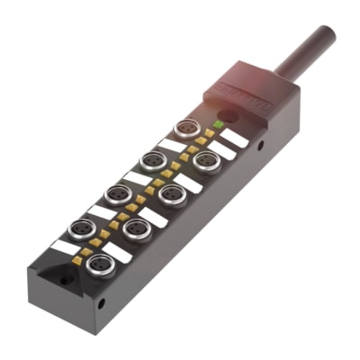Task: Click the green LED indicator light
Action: coord(218,122)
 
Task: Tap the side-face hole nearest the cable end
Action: coord(263,143)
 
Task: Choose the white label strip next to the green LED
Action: coord(234,137)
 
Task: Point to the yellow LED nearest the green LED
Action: coord(210,133)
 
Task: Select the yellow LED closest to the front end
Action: coord(77,260)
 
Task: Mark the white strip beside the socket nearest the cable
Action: coord(172,144)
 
